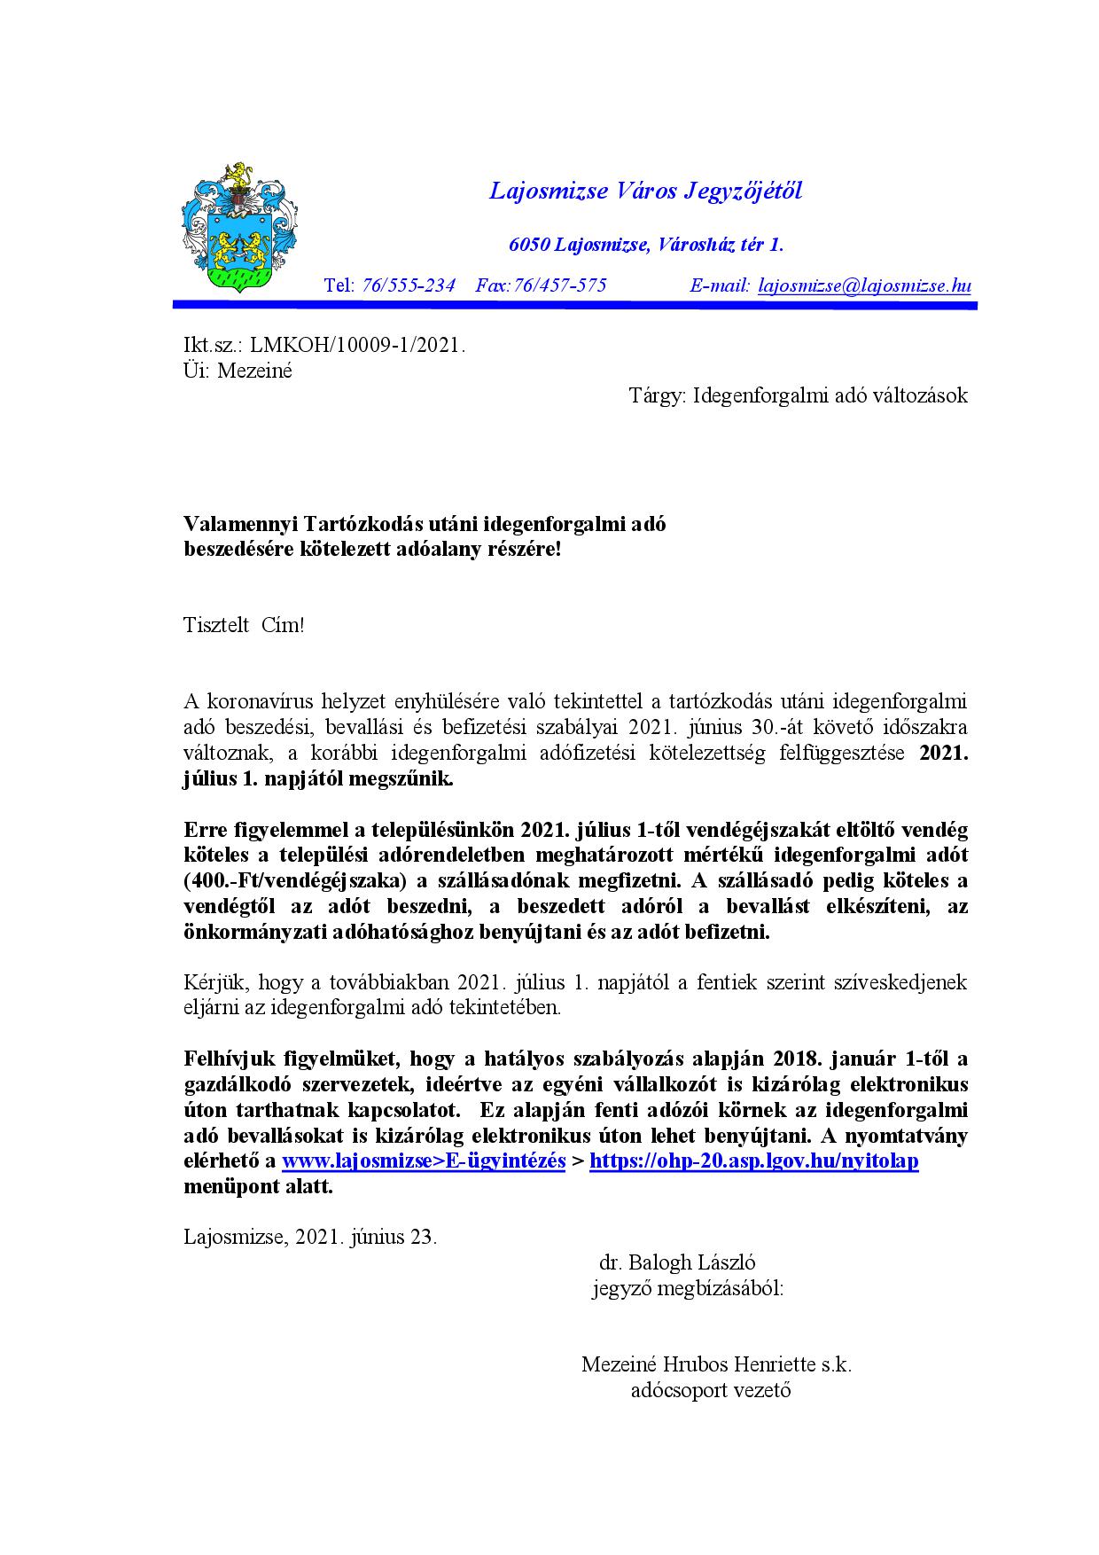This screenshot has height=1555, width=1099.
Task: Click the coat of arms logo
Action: tap(238, 228)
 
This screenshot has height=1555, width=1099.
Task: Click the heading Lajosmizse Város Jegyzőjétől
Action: tap(645, 191)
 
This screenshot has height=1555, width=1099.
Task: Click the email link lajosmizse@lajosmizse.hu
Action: tap(865, 285)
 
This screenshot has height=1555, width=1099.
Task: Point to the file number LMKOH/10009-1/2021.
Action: tap(358, 345)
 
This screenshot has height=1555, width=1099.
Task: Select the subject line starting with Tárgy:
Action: tap(798, 395)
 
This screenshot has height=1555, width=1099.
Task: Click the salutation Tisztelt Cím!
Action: tap(244, 625)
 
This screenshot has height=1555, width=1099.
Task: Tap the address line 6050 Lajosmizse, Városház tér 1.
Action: tap(645, 245)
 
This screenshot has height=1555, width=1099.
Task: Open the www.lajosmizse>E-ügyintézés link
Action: tap(424, 1161)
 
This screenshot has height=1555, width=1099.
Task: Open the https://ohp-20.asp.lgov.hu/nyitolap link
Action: tap(753, 1161)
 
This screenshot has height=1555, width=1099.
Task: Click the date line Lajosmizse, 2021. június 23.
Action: tap(310, 1237)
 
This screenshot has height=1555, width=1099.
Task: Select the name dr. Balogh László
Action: tap(677, 1262)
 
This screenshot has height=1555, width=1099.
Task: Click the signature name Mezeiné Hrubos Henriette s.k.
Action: tap(716, 1364)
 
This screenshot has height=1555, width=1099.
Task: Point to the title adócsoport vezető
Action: tap(711, 1390)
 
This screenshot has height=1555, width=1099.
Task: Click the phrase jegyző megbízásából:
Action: tap(688, 1288)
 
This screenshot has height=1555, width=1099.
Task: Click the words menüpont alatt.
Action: tap(258, 1187)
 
